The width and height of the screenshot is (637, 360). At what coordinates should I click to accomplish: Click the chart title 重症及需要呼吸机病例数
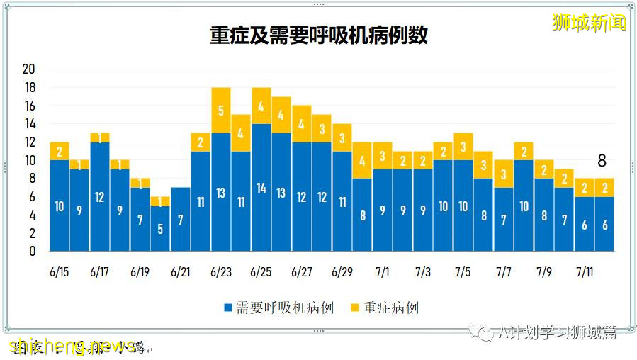pos(318,36)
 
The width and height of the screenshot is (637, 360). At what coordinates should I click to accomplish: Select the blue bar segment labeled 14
pos(261,187)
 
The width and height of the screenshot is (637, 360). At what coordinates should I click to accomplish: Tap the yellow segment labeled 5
pos(221,111)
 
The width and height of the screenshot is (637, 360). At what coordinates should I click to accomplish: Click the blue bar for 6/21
pos(181,219)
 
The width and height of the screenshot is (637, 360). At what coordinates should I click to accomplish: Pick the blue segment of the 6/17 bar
pos(100,196)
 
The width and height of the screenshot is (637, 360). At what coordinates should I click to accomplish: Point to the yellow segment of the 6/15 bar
pos(60,151)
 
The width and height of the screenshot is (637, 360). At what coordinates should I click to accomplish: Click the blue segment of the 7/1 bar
pos(383,210)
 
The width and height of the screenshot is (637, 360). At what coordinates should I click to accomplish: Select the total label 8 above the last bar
pos(602,162)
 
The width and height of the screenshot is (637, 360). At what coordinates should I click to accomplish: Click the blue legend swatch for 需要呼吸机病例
pos(228,308)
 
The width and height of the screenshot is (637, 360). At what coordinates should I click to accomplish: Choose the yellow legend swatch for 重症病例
pos(356,308)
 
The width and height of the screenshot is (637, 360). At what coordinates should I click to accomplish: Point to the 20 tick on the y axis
pos(29,69)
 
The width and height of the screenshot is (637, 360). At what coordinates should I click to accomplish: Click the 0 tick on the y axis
pos(32,251)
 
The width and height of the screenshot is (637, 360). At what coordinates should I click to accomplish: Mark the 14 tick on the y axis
pos(29,124)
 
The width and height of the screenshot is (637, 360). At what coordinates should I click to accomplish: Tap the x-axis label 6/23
pos(221,272)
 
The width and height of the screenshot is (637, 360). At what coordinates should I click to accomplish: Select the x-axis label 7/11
pos(585,272)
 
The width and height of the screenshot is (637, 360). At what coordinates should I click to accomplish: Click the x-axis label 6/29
pos(342,272)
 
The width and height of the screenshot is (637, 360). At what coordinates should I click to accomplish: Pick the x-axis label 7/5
pos(463,272)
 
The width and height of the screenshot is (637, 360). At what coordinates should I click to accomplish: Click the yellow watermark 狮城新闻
pos(590,23)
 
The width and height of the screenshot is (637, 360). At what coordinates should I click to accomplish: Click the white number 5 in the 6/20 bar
pos(161,229)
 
